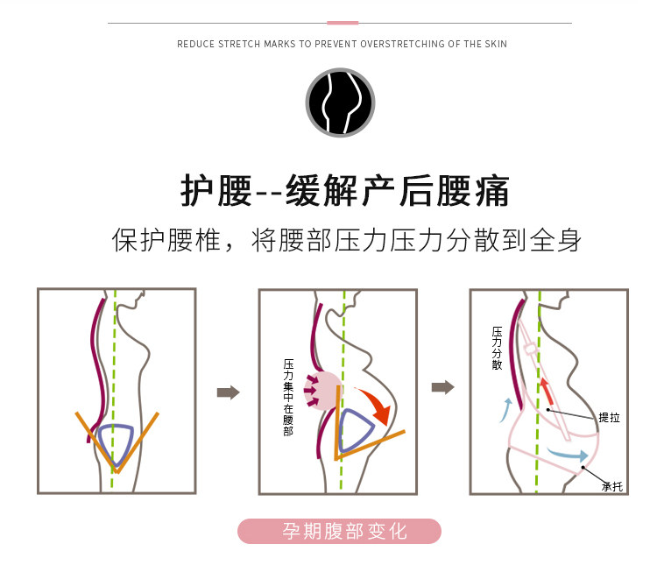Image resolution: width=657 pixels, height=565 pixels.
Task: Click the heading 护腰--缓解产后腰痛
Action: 344,190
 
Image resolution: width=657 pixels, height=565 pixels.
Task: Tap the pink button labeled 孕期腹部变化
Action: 340,532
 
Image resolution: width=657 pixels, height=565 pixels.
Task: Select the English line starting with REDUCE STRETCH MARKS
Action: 342,44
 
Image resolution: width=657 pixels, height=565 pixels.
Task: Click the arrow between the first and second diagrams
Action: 228,392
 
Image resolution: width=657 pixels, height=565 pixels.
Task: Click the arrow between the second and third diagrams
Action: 443,387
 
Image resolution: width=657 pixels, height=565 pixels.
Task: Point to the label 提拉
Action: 609,419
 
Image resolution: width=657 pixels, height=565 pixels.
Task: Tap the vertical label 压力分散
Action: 498,349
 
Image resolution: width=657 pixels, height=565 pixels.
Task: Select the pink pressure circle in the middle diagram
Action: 322,390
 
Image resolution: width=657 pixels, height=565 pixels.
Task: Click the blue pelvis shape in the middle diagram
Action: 355,430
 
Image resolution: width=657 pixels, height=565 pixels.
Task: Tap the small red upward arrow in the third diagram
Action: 546,391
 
